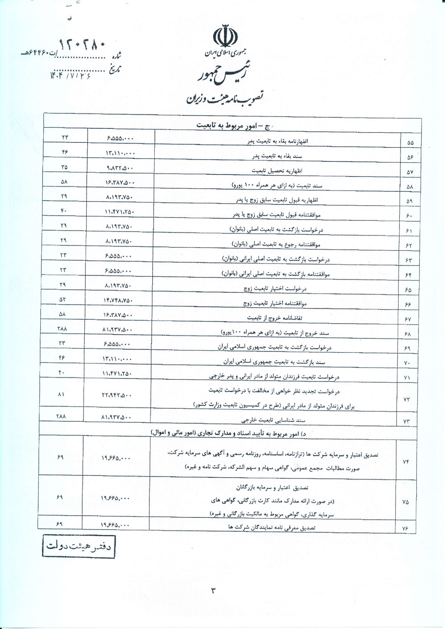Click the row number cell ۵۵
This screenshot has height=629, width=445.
point(411,142)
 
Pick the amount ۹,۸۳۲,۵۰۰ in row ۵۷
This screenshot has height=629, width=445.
point(120,168)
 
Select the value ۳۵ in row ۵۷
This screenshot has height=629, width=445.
point(65,167)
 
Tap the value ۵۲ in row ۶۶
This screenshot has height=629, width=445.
point(64,299)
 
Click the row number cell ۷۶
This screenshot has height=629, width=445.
point(406,528)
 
